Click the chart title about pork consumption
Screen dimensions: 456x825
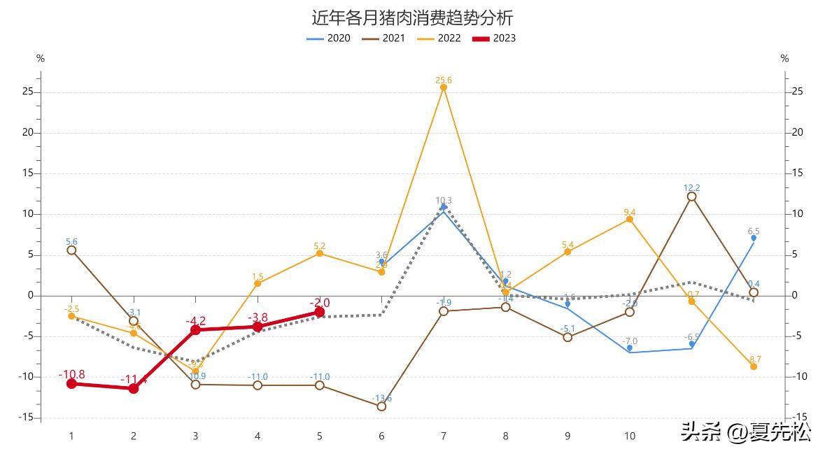point(412,17)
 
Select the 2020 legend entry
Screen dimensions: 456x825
point(329,38)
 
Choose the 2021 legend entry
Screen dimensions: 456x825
point(383,38)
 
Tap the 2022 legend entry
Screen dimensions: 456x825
point(439,38)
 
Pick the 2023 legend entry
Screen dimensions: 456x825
point(494,38)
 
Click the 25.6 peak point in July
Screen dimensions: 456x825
point(444,87)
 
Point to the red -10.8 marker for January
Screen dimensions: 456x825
point(71,383)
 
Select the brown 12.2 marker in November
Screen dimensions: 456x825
point(691,197)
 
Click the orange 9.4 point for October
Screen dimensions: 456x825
point(630,219)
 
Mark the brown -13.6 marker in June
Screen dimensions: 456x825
point(381,406)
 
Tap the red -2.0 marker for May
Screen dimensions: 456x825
point(320,312)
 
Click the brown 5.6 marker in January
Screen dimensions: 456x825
point(71,250)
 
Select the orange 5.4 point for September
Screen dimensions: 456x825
point(567,252)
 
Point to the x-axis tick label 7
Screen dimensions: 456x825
point(444,436)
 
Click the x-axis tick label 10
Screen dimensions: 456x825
point(630,436)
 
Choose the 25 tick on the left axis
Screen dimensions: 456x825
point(28,92)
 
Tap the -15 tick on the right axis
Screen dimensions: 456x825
point(797,418)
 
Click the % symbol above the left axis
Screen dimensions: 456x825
point(41,59)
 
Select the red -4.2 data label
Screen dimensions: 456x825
point(195,321)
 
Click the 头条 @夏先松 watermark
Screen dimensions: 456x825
point(745,432)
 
